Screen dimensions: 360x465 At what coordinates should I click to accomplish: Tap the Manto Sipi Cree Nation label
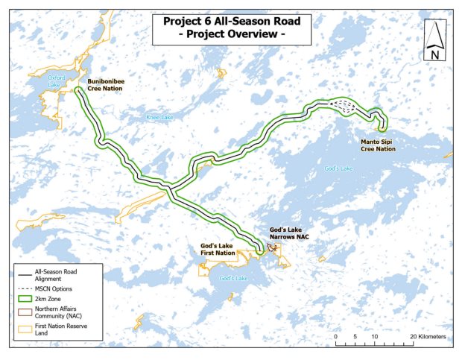(x=378, y=145)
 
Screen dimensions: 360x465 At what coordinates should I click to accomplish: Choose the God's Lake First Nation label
(x=218, y=250)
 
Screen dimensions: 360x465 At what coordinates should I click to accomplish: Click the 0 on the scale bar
(x=336, y=337)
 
